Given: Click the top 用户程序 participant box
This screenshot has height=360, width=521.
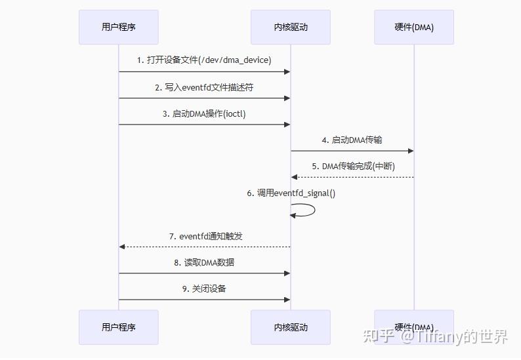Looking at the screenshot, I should click(119, 27).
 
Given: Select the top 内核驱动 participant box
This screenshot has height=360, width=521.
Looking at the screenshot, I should click(291, 27).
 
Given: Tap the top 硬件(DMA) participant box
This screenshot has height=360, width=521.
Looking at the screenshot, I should click(414, 27).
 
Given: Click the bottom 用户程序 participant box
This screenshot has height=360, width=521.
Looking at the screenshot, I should click(119, 327).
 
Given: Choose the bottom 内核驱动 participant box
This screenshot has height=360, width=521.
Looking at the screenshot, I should click(291, 327).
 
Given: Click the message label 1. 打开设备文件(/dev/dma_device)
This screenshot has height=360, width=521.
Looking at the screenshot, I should click(204, 60).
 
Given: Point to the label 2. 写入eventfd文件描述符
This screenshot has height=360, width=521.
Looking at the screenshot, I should click(204, 87).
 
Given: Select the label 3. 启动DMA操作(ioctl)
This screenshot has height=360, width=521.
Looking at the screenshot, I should click(204, 113).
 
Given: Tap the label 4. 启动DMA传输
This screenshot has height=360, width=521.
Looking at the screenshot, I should click(352, 140).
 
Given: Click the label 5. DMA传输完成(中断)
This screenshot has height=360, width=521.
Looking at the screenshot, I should click(352, 167).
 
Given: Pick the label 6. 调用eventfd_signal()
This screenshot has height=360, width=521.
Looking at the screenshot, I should click(291, 193).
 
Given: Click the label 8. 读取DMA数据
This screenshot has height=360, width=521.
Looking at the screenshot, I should click(204, 263).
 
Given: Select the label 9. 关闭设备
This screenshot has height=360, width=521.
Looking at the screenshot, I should click(204, 289).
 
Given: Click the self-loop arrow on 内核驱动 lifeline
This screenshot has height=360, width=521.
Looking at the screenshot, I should click(308, 210).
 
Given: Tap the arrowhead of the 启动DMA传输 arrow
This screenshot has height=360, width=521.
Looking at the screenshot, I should click(411, 151).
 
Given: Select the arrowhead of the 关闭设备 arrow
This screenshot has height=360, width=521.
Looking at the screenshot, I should click(287, 300).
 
